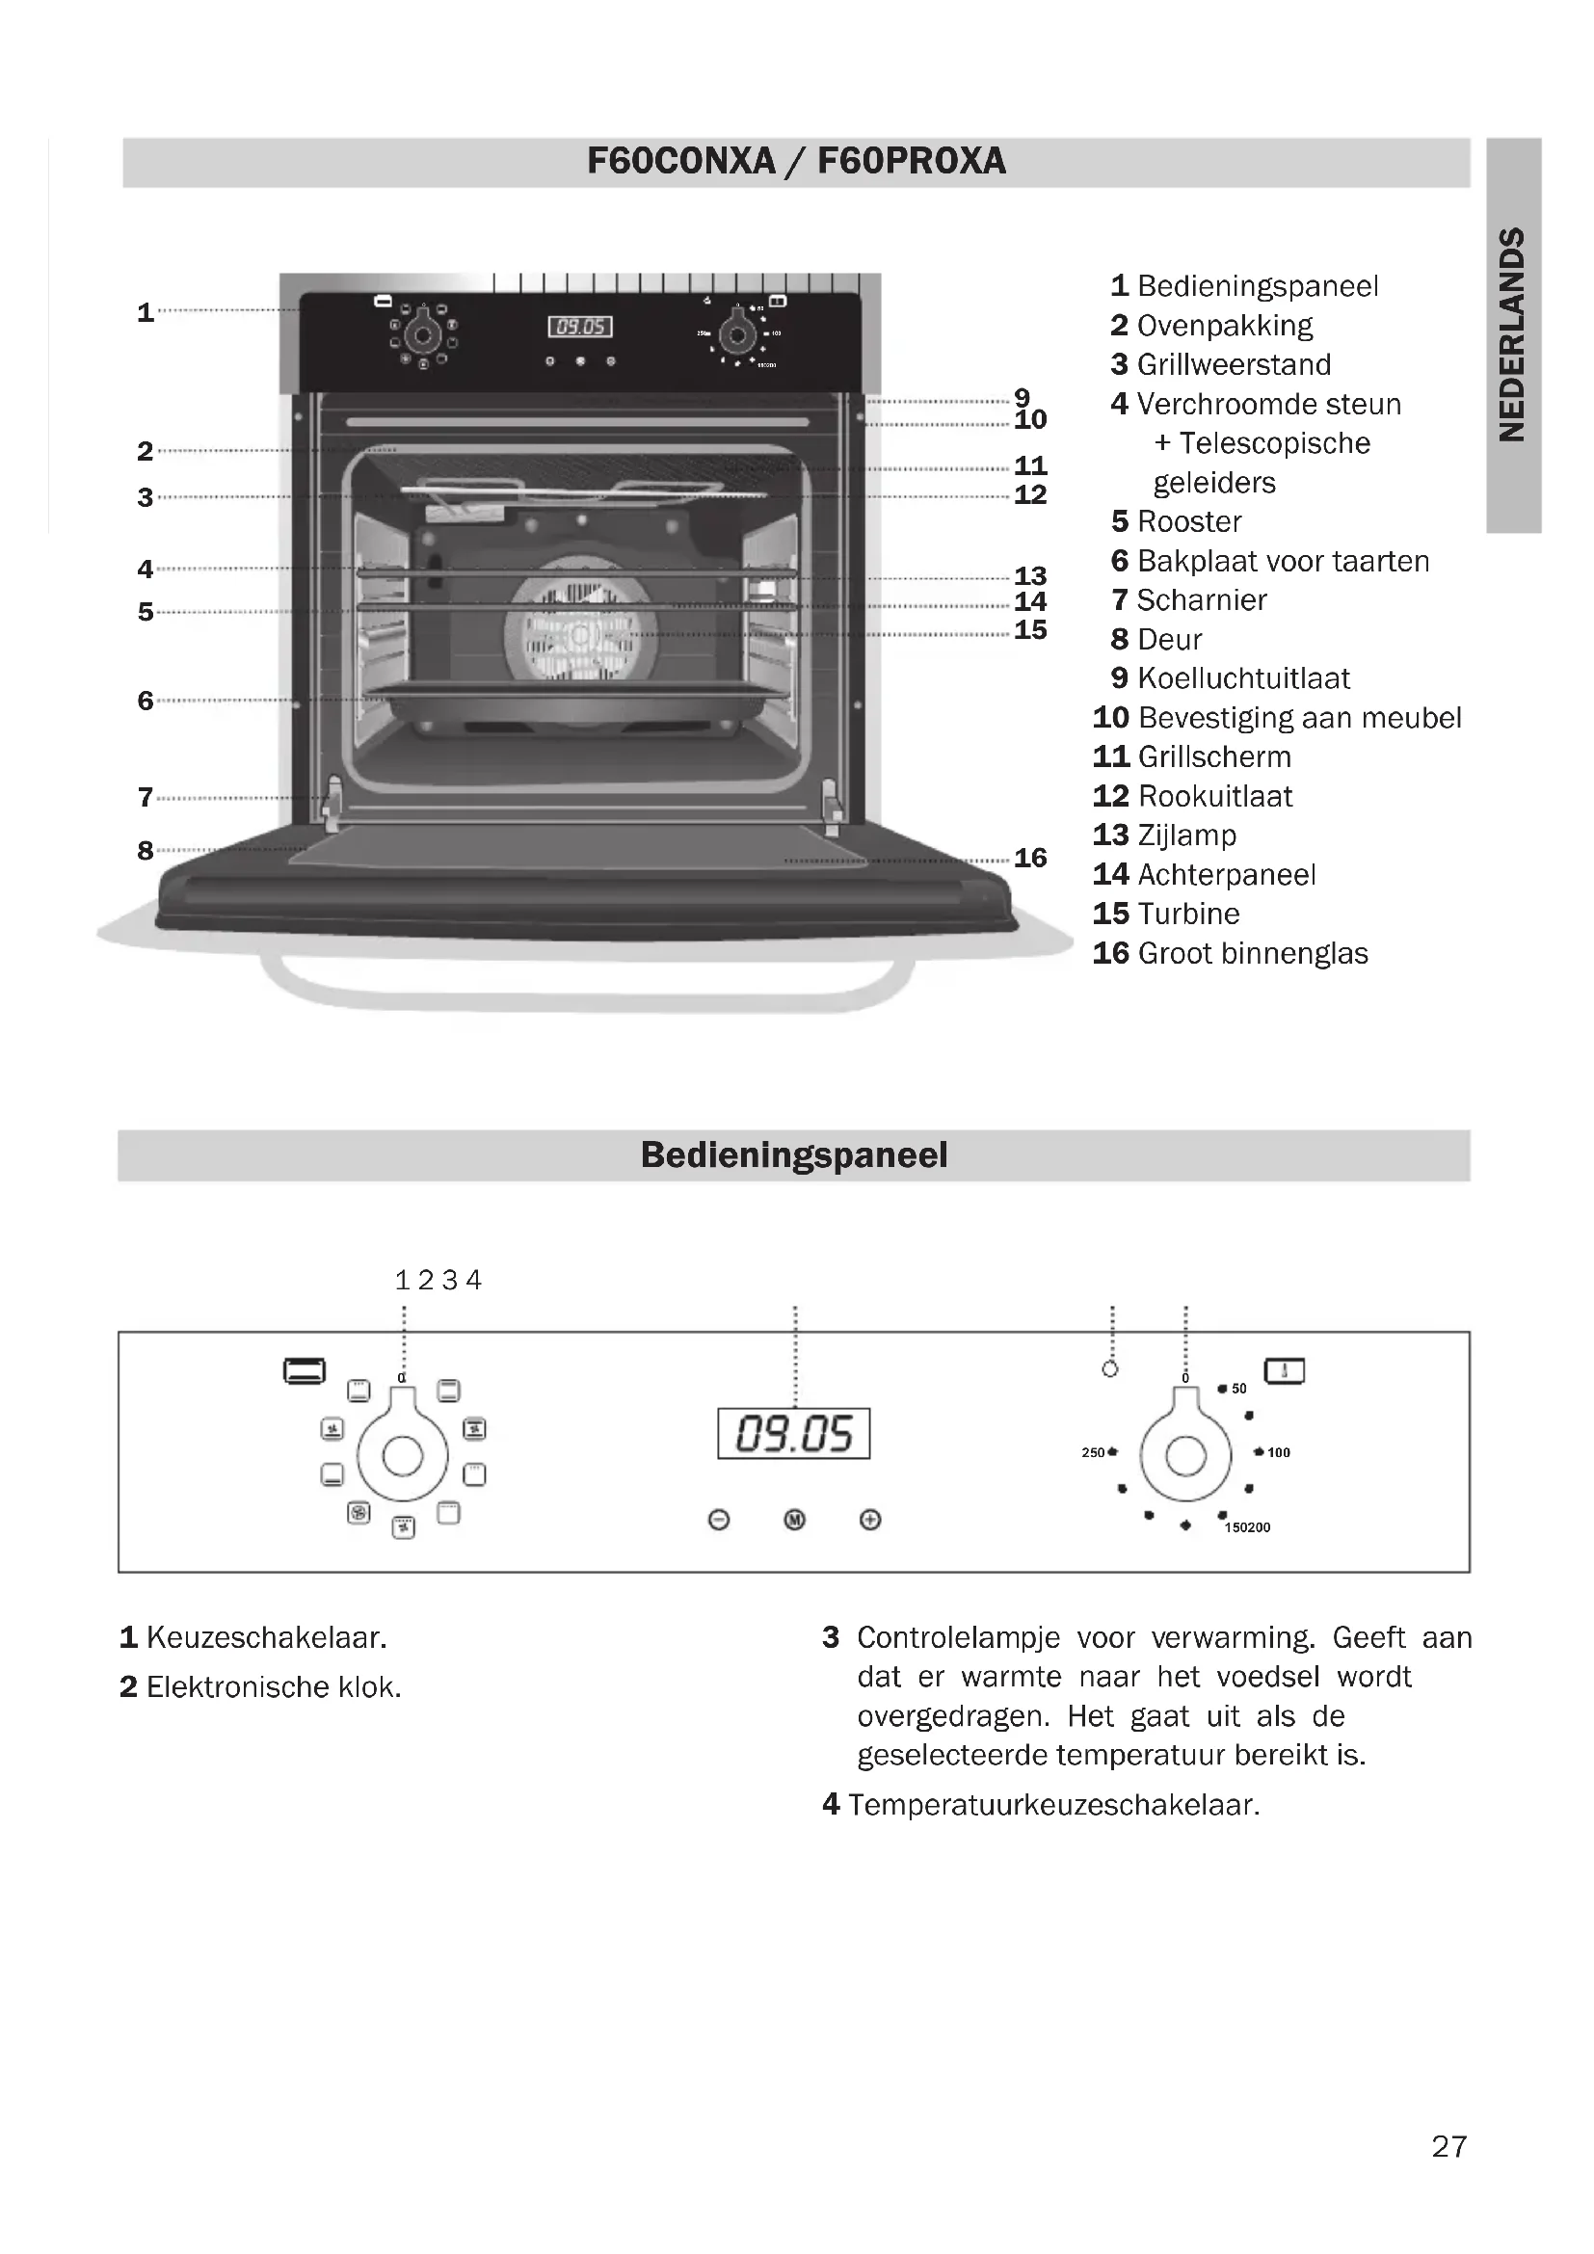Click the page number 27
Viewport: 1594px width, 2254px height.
coord(1448,2147)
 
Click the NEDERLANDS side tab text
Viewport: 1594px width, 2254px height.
coord(1512,334)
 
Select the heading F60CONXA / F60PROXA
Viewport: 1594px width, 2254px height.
coord(796,161)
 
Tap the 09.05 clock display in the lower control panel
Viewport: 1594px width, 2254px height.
coord(793,1433)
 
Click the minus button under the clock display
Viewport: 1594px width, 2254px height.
coord(719,1520)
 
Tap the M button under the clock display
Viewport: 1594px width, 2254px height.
coord(795,1520)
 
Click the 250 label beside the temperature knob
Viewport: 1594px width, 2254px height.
coord(1093,1452)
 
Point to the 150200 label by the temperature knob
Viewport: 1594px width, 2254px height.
coord(1247,1527)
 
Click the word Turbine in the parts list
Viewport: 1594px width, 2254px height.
coord(1188,914)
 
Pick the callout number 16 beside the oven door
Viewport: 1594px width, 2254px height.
coord(1030,858)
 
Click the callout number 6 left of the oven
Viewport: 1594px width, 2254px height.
coord(146,701)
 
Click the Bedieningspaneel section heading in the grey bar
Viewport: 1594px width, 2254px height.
coord(794,1155)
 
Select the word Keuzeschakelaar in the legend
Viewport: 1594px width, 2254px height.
coord(266,1637)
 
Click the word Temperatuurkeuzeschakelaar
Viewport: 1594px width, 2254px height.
coord(1054,1804)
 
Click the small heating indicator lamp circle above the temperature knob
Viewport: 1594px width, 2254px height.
coord(1110,1368)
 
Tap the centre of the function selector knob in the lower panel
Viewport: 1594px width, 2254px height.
coord(403,1456)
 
